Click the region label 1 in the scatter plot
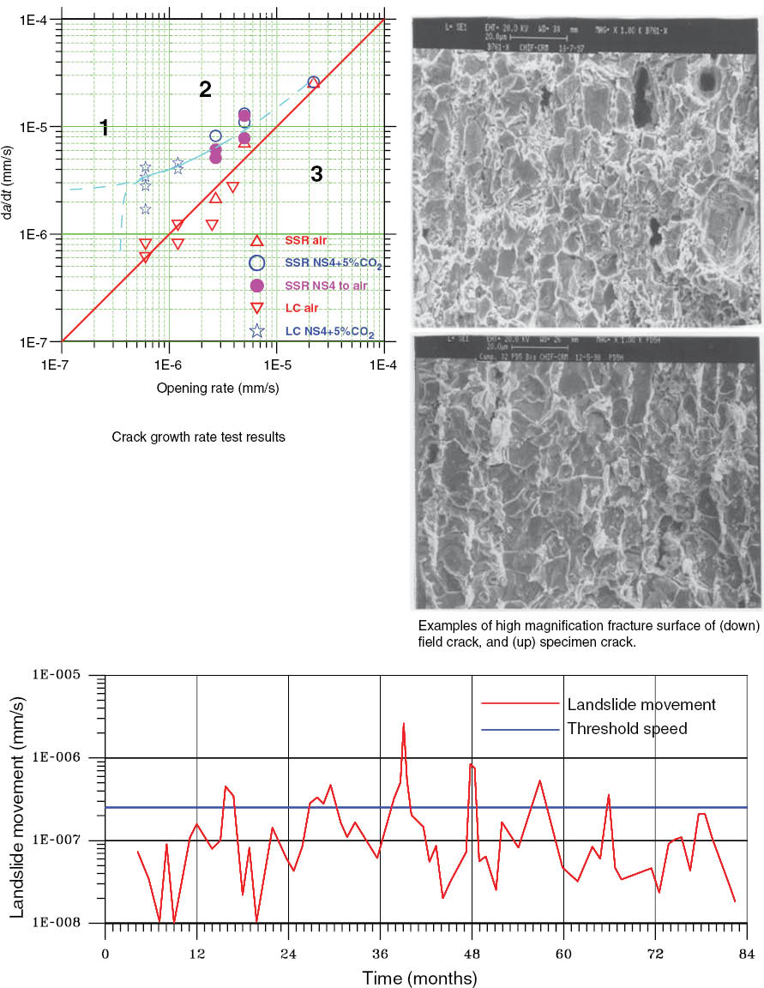pyautogui.click(x=104, y=129)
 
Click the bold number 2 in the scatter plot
pyautogui.click(x=205, y=89)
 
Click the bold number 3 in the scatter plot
pyautogui.click(x=316, y=175)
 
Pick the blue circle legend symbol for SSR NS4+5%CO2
pyautogui.click(x=256, y=263)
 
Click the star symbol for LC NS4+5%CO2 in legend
pyautogui.click(x=256, y=331)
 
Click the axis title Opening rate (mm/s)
pyautogui.click(x=218, y=388)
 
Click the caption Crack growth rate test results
pyautogui.click(x=198, y=437)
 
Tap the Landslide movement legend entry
pyautogui.click(x=641, y=705)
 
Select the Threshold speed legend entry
pyautogui.click(x=628, y=729)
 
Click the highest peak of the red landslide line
pyautogui.click(x=403, y=724)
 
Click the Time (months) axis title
pyautogui.click(x=419, y=978)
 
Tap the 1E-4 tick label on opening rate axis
pyautogui.click(x=383, y=364)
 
